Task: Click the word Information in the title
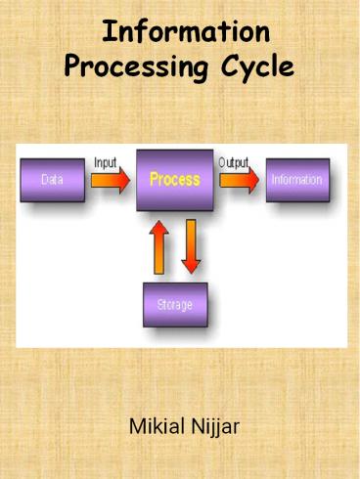pyautogui.click(x=186, y=32)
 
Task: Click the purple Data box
pyautogui.click(x=53, y=181)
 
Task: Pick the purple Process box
pyautogui.click(x=174, y=180)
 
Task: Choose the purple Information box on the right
pyautogui.click(x=296, y=181)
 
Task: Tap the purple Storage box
pyautogui.click(x=175, y=304)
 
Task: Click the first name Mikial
pyautogui.click(x=157, y=426)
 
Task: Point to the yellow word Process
pyautogui.click(x=174, y=180)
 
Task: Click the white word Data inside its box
pyautogui.click(x=53, y=181)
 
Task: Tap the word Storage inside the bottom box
pyautogui.click(x=175, y=304)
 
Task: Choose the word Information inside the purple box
pyautogui.click(x=296, y=181)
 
